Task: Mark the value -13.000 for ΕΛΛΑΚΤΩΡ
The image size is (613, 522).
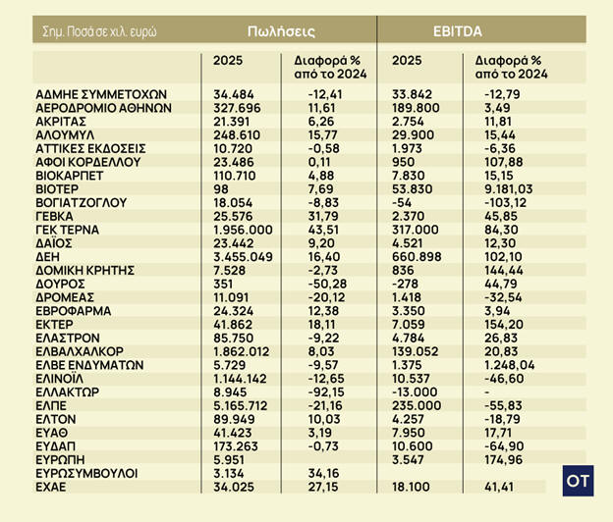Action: click(416, 390)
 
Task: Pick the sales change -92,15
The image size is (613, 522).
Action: click(319, 390)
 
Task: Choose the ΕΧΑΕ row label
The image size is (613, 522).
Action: click(55, 485)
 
